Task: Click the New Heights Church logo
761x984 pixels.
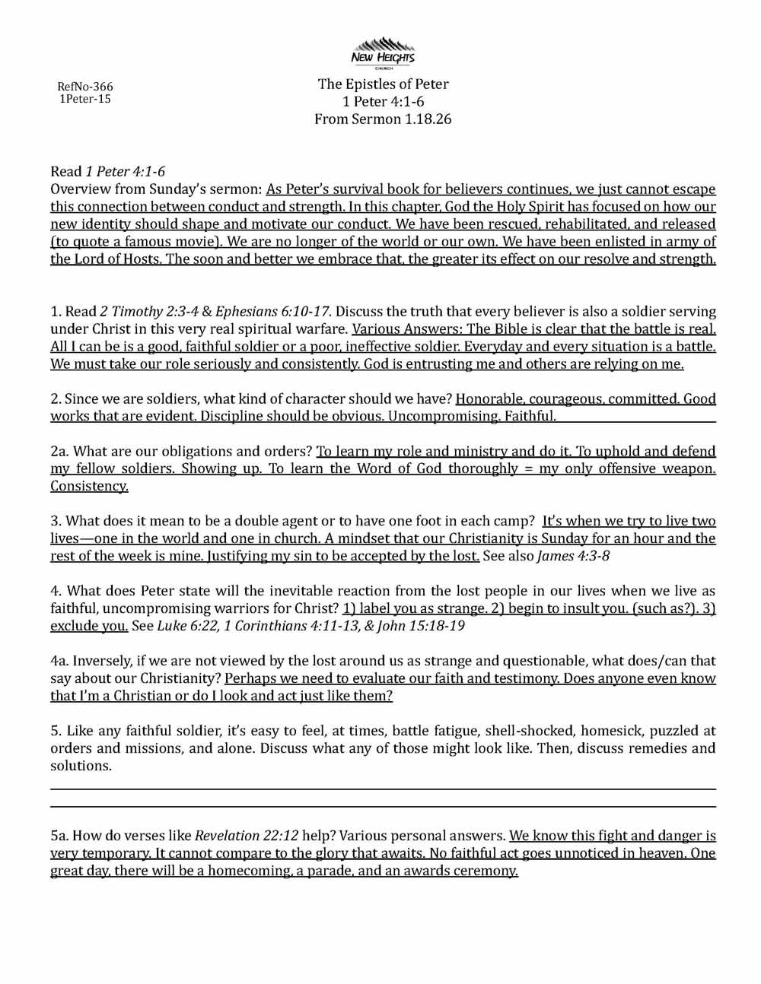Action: click(383, 52)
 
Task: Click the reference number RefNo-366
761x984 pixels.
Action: click(84, 87)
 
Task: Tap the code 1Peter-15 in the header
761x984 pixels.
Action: click(84, 99)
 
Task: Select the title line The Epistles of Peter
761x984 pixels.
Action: click(383, 84)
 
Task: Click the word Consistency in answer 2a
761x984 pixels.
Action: click(89, 486)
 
